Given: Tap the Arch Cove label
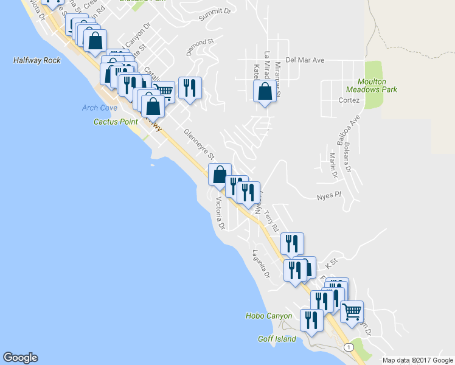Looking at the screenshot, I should (99, 108).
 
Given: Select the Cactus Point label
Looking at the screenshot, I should (115, 122).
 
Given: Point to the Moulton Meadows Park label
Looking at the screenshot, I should (377, 85).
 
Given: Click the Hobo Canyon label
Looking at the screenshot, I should (269, 316).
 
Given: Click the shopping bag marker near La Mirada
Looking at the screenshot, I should (265, 92).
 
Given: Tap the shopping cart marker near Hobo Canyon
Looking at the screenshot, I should (352, 312).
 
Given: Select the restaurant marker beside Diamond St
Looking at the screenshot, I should (190, 88).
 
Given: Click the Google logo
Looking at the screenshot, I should (20, 358).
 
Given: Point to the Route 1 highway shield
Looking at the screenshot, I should (348, 347).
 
